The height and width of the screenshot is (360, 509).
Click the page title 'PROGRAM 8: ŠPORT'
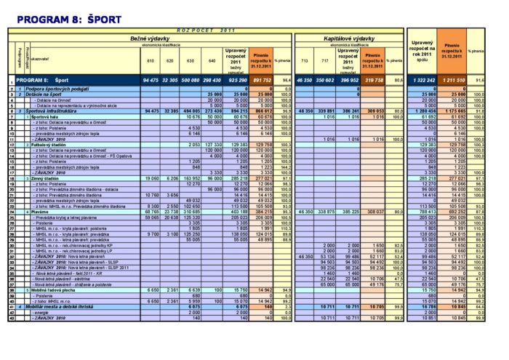click(59, 20)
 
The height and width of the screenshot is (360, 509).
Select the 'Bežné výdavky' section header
click(149, 37)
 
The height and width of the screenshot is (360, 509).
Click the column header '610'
click(151, 60)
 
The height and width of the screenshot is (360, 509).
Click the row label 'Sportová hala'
click(44, 116)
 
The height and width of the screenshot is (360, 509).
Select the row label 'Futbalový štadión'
click(48, 145)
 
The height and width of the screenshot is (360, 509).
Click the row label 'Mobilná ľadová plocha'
click(53, 290)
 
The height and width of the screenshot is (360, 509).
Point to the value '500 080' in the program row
click(191, 79)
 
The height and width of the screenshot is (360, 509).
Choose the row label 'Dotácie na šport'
click(44, 94)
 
